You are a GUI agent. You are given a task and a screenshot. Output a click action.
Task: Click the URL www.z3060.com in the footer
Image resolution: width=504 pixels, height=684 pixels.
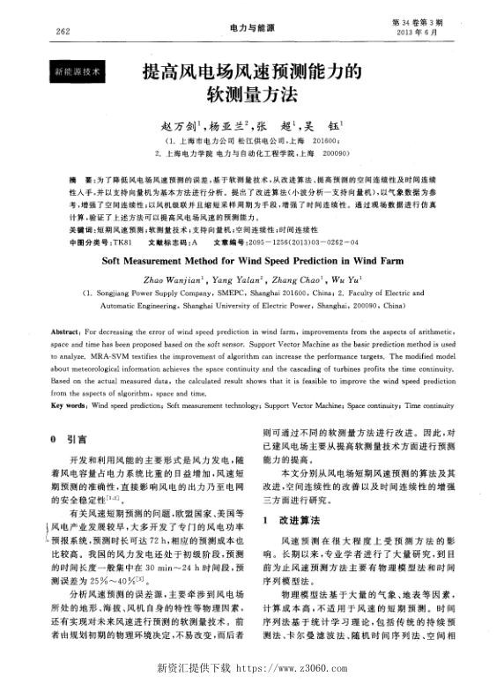[x=315, y=667]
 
